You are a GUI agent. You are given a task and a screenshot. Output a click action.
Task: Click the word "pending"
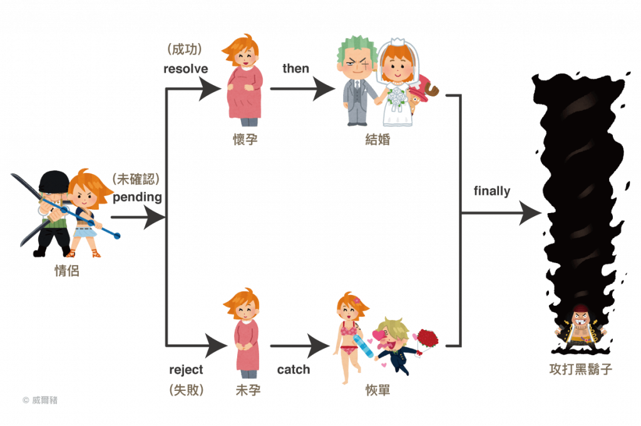[137, 197]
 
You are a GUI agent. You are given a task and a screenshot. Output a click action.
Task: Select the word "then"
[295, 68]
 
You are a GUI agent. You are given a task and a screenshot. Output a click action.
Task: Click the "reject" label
[186, 370]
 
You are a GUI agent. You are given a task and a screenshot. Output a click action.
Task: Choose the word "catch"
[294, 370]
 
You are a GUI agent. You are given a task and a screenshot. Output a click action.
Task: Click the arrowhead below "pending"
[153, 219]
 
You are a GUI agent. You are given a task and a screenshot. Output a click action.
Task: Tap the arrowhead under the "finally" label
[531, 213]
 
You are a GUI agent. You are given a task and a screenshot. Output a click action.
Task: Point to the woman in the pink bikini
[348, 338]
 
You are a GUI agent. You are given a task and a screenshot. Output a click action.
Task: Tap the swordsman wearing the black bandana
[51, 213]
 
